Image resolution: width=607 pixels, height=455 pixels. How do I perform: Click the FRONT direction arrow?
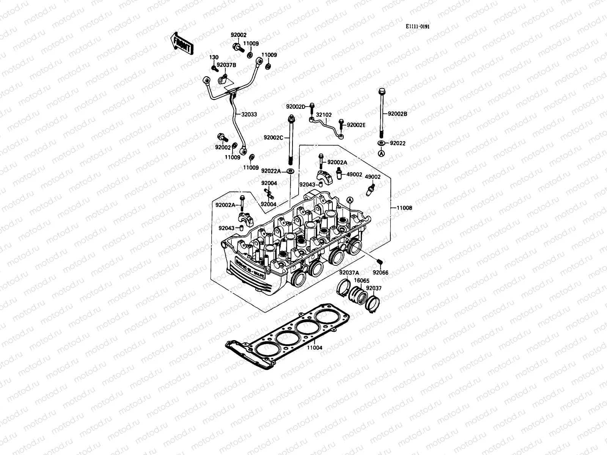[182, 43]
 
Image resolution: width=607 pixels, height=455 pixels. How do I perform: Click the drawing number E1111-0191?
[417, 27]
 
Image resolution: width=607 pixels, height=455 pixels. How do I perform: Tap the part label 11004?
[315, 347]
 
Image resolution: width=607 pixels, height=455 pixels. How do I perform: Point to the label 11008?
[404, 208]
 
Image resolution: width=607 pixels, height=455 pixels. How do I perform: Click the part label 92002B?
[398, 113]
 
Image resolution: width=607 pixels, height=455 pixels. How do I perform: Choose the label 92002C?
[274, 137]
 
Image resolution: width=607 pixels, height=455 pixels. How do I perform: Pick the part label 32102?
[324, 115]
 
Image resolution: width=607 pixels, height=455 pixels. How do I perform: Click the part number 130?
[214, 57]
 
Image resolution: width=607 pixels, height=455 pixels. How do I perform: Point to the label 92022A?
[271, 171]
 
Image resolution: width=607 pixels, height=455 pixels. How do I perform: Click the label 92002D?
[296, 107]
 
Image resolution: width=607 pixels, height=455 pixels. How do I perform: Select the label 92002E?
[356, 125]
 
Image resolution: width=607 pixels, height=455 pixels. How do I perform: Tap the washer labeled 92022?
[381, 143]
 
